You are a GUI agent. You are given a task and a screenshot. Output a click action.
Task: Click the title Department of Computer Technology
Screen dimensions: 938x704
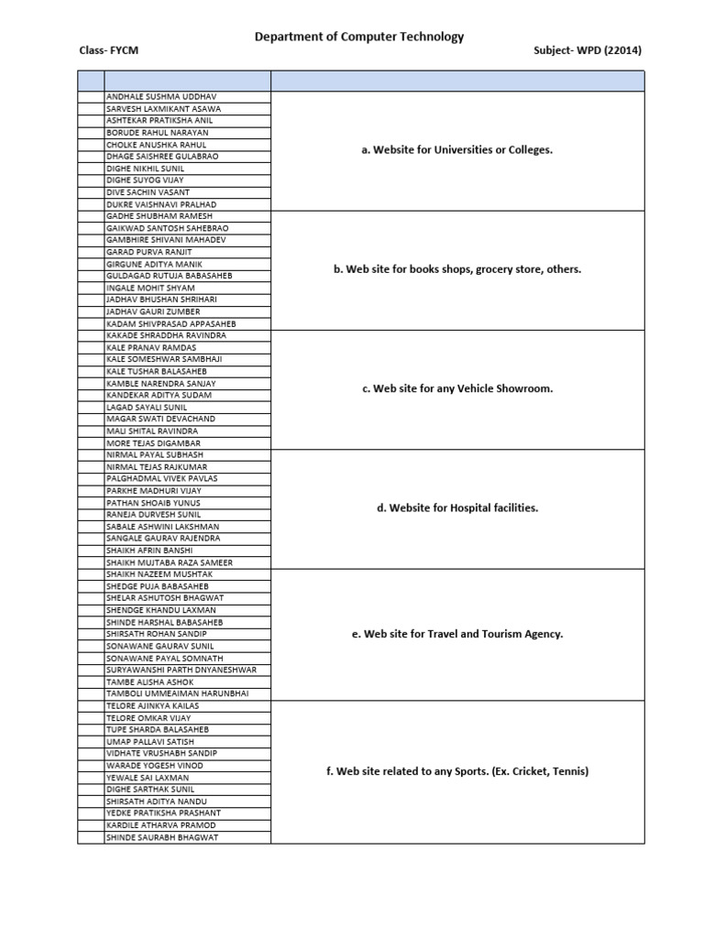pyautogui.click(x=358, y=37)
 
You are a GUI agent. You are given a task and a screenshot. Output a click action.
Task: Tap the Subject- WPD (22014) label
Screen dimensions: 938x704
pyautogui.click(x=587, y=50)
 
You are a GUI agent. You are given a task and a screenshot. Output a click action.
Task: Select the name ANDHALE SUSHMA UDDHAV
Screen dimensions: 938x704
pyautogui.click(x=161, y=97)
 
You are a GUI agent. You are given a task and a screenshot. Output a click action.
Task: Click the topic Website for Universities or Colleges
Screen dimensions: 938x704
pyautogui.click(x=457, y=150)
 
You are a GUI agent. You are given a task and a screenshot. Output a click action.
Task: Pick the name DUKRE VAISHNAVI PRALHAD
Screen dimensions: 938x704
pyautogui.click(x=161, y=204)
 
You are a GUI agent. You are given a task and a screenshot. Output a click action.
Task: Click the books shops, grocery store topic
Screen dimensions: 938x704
pyautogui.click(x=457, y=269)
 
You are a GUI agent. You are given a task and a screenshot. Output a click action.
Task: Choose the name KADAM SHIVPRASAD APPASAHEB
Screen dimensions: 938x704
pyautogui.click(x=170, y=323)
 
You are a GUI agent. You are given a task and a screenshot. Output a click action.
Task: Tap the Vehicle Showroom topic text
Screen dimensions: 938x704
pyautogui.click(x=457, y=388)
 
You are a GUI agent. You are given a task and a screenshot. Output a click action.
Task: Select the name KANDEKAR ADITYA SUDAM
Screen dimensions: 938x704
pyautogui.click(x=159, y=395)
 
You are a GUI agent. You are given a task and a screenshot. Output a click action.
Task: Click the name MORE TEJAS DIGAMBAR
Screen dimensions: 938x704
pyautogui.click(x=153, y=443)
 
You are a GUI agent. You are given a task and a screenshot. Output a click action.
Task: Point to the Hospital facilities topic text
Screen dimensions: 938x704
pyautogui.click(x=457, y=507)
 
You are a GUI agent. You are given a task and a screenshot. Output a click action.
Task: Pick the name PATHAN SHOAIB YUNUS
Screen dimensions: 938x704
pyautogui.click(x=153, y=503)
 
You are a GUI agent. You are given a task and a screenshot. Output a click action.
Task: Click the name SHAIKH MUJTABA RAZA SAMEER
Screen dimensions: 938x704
pyautogui.click(x=170, y=562)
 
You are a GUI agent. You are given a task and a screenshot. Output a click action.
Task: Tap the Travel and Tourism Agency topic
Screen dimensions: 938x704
pyautogui.click(x=457, y=634)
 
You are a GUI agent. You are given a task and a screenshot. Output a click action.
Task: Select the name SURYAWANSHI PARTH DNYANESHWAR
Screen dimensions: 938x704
pyautogui.click(x=181, y=670)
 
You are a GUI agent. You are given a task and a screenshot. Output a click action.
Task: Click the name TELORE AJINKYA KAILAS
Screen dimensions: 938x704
pyautogui.click(x=152, y=706)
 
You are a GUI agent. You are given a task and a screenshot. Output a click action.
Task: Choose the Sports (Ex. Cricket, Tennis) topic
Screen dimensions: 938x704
pyautogui.click(x=457, y=771)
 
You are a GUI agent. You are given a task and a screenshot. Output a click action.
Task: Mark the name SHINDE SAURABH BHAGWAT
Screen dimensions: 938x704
pyautogui.click(x=162, y=837)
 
